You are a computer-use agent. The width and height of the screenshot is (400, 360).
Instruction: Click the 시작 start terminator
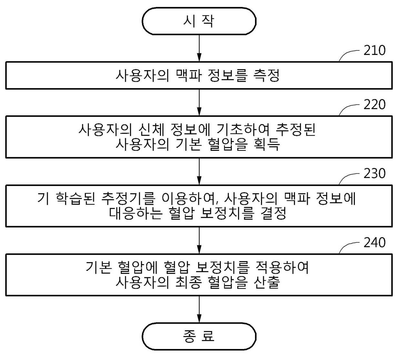pos(199,21)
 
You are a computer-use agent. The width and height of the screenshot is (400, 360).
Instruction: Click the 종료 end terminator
pos(199,336)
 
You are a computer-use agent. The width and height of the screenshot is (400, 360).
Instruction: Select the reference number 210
pos(375,50)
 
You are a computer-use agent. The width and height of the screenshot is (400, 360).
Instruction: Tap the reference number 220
pos(375,105)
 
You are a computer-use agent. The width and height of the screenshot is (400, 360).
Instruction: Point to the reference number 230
pos(375,174)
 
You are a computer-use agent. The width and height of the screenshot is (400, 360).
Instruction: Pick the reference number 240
pos(375,242)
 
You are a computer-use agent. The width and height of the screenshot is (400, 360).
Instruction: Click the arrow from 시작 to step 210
pos(199,48)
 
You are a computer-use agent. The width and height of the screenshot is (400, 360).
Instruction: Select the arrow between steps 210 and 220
pos(199,102)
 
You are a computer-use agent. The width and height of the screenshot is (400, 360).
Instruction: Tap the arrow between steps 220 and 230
pos(199,171)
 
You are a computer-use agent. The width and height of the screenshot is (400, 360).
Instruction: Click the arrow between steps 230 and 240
pos(199,240)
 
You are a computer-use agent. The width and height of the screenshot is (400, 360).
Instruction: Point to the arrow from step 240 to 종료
pos(199,309)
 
